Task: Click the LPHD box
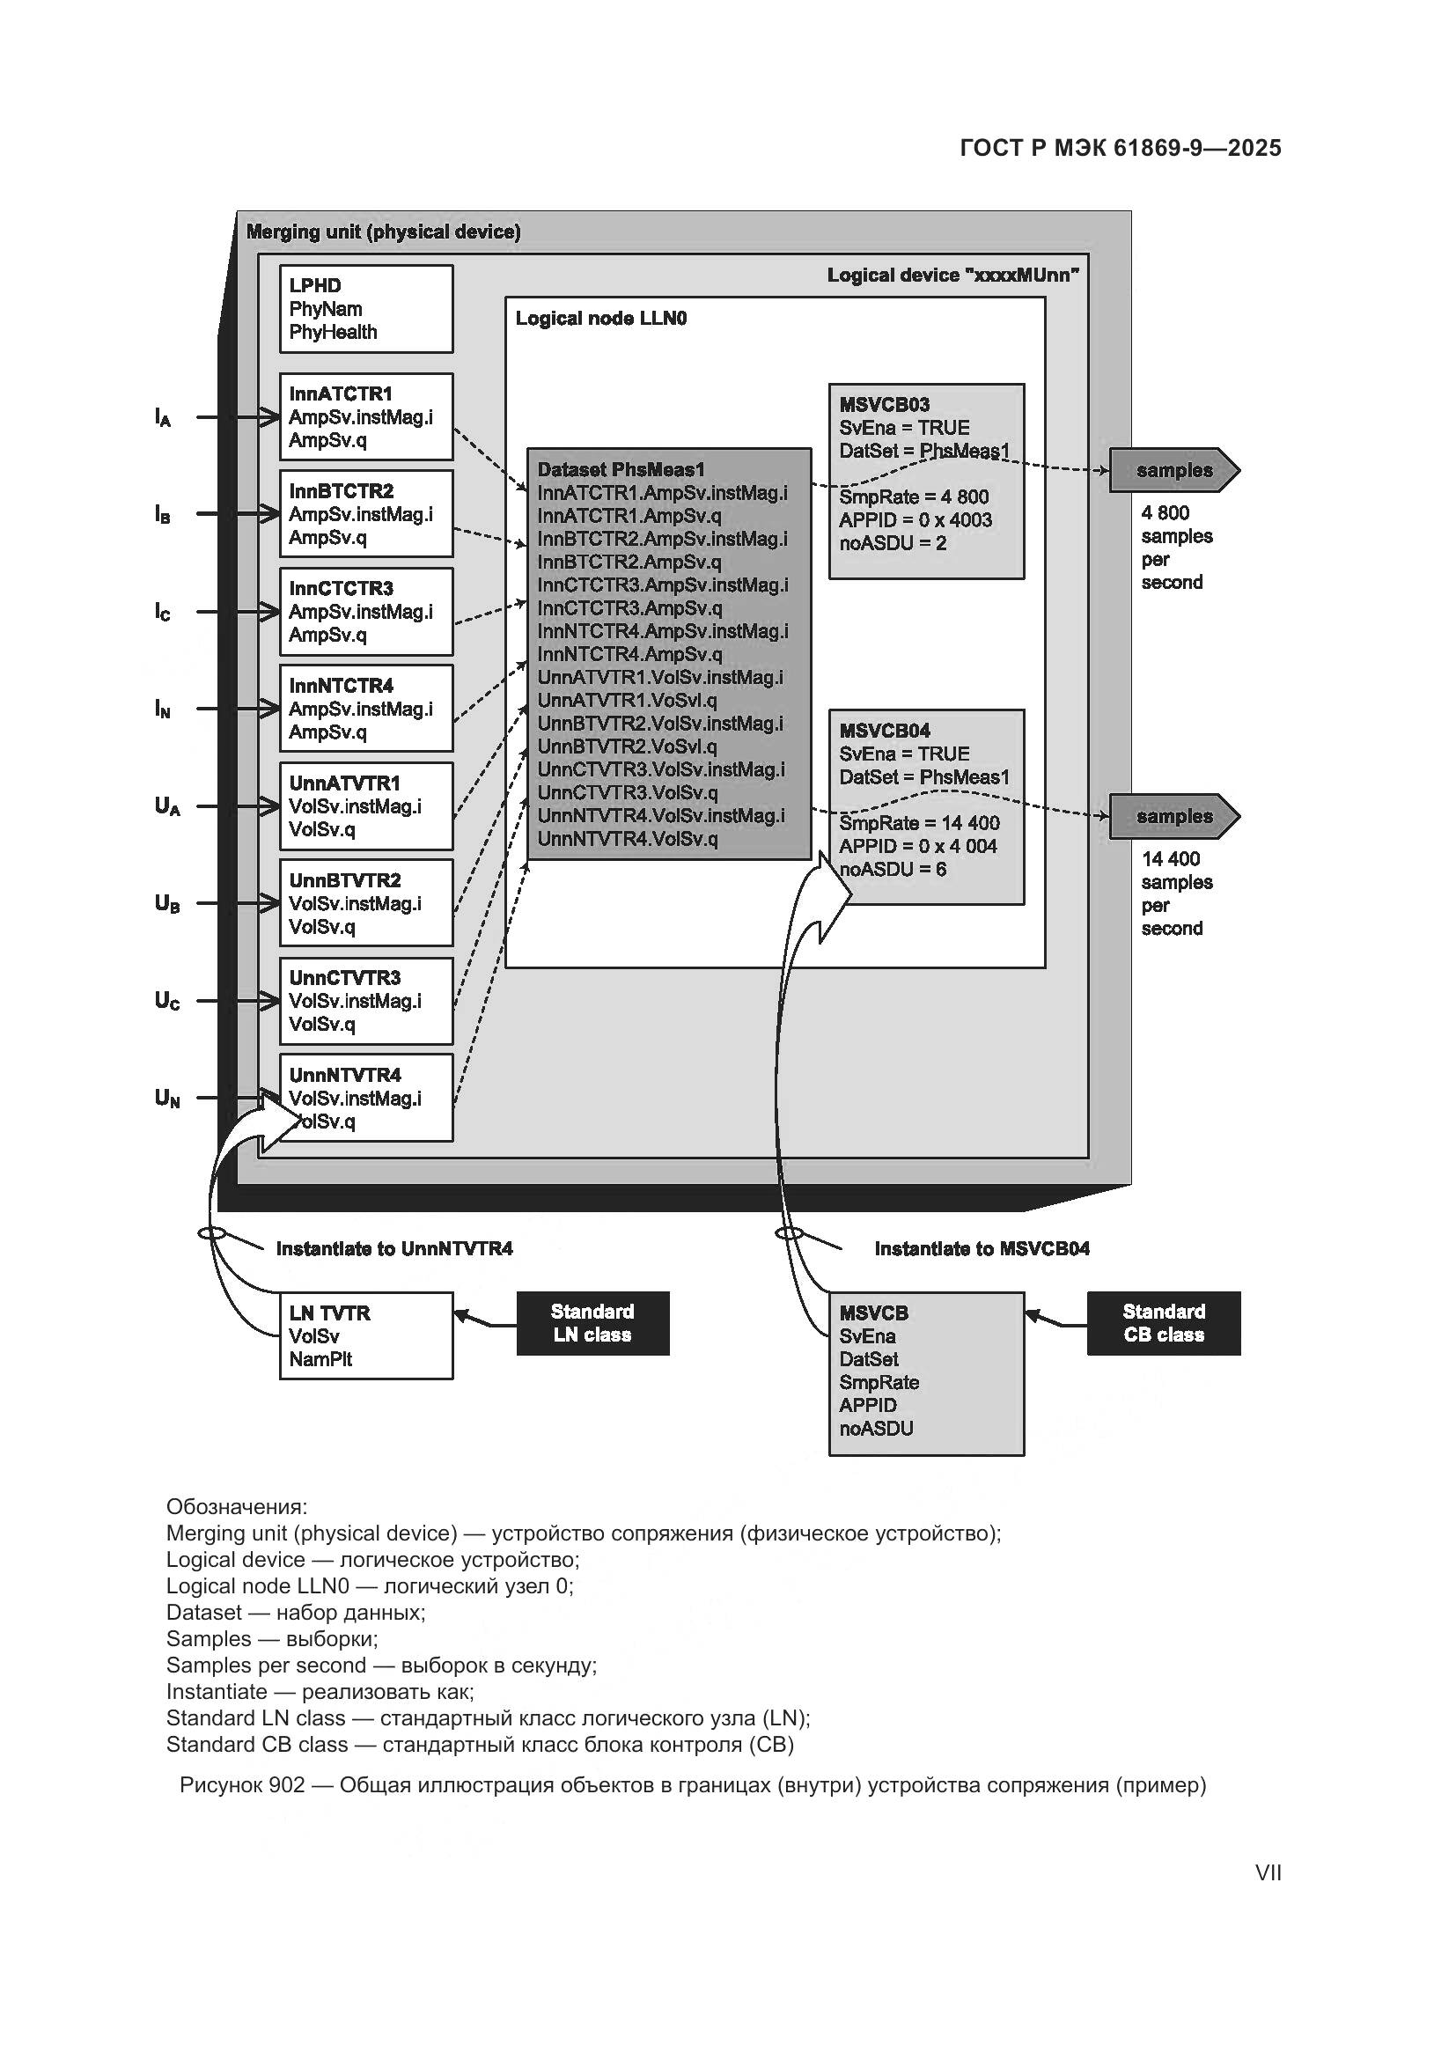pyautogui.click(x=366, y=308)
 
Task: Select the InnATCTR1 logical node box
pyautogui.click(x=366, y=417)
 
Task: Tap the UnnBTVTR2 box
pyautogui.click(x=366, y=903)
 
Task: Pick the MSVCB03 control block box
pyautogui.click(x=926, y=482)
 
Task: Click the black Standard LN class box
pyautogui.click(x=592, y=1323)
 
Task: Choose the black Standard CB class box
pyautogui.click(x=1164, y=1323)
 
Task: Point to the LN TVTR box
pyautogui.click(x=366, y=1335)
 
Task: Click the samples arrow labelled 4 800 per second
pyautogui.click(x=1173, y=471)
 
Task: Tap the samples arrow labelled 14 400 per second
pyautogui.click(x=1173, y=817)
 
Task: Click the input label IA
pyautogui.click(x=162, y=418)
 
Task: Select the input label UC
pyautogui.click(x=166, y=1001)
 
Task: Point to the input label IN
pyautogui.click(x=162, y=710)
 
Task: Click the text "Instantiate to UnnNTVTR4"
pyautogui.click(x=394, y=1248)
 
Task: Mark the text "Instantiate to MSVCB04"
pyautogui.click(x=982, y=1248)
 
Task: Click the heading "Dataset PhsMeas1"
pyautogui.click(x=621, y=470)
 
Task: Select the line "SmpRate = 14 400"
pyautogui.click(x=919, y=823)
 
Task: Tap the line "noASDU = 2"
pyautogui.click(x=892, y=543)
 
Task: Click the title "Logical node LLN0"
pyautogui.click(x=600, y=319)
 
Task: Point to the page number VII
pyautogui.click(x=1268, y=1873)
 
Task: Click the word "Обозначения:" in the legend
pyautogui.click(x=237, y=1506)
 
